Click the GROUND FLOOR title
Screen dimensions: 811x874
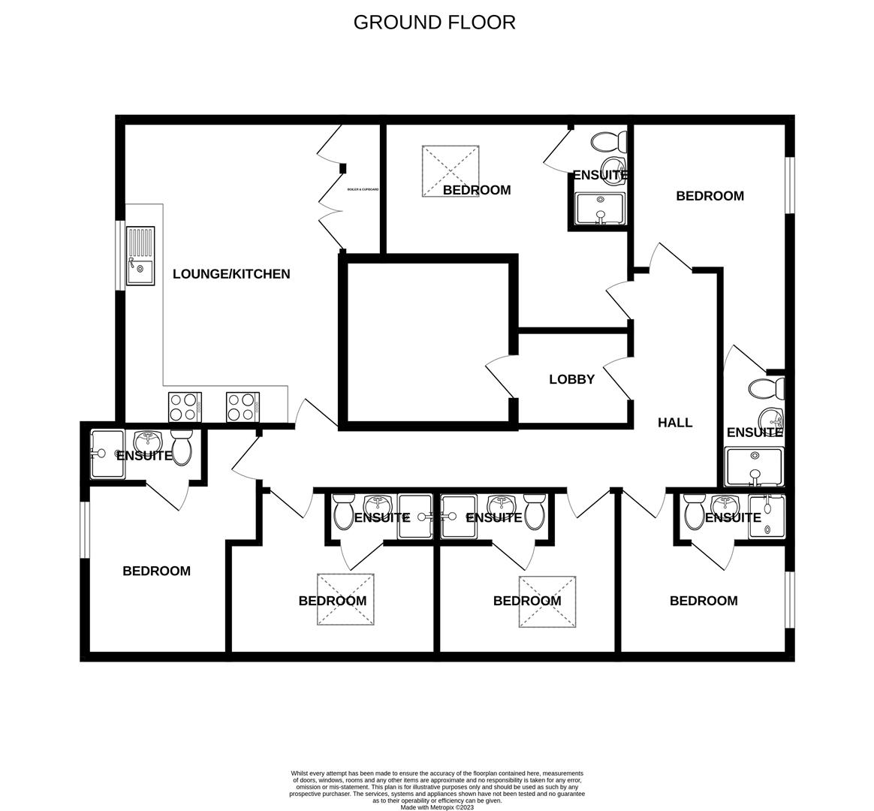coord(434,23)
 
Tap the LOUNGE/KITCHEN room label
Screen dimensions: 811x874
coord(231,274)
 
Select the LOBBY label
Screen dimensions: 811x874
coord(571,380)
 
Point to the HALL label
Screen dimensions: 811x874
coord(675,423)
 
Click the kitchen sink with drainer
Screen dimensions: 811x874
coord(140,256)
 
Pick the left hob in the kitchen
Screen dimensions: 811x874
coord(185,407)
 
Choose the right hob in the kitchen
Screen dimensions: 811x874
coord(243,407)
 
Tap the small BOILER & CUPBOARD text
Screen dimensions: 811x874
coord(363,189)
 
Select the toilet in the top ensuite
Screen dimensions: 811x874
coord(609,141)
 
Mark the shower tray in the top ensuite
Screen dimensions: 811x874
coord(600,210)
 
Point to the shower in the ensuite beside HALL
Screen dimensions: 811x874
coord(755,466)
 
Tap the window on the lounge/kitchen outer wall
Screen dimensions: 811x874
coord(119,255)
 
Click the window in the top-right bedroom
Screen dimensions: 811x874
coord(789,185)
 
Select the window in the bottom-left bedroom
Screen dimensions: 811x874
coord(85,530)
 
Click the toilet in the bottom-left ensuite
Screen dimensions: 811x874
coord(182,448)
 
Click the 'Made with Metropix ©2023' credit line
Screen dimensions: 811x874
coord(437,807)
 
